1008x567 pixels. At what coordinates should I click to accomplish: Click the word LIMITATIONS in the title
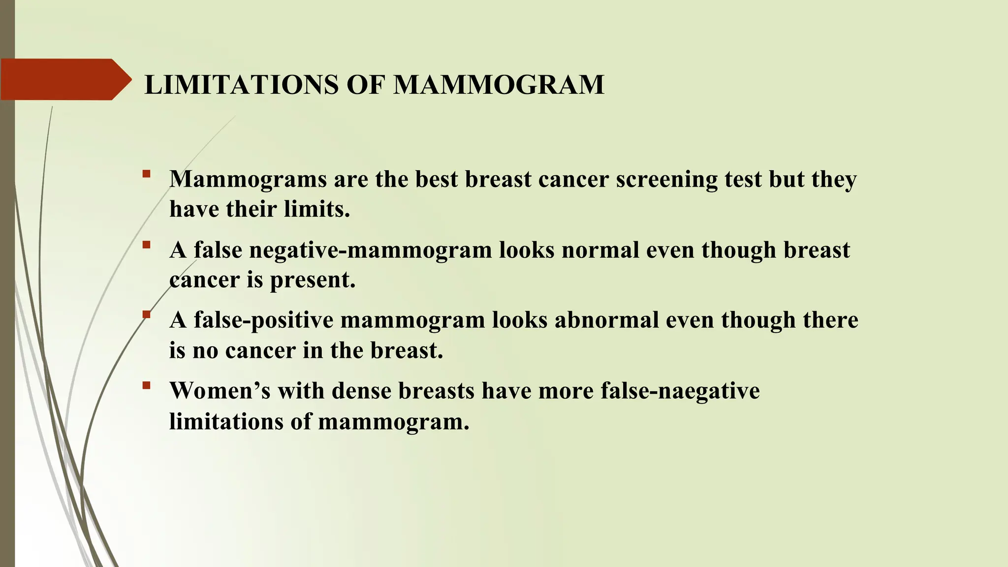point(241,85)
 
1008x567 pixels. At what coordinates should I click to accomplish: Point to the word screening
point(666,180)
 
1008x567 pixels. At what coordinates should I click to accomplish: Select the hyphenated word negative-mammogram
point(370,251)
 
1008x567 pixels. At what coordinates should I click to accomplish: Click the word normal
point(600,250)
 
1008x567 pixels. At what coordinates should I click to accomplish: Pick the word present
point(313,280)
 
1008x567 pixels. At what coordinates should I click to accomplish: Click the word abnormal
point(606,320)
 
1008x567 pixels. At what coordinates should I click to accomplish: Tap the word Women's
point(220,391)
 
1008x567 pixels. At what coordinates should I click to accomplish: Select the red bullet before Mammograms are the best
point(146,174)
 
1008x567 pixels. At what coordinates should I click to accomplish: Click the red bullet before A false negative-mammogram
point(146,245)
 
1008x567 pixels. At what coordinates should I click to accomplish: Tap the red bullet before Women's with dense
point(146,385)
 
